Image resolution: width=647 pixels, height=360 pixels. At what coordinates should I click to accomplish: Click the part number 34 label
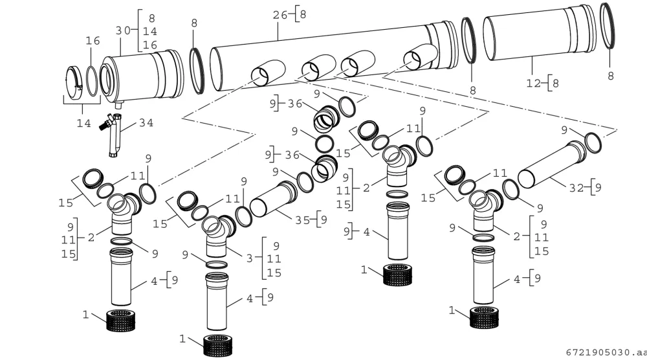146,123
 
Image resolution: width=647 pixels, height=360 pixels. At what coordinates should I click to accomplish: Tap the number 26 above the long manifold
280,16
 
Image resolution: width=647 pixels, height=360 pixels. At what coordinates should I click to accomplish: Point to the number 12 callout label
534,84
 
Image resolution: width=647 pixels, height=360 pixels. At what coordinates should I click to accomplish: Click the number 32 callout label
576,188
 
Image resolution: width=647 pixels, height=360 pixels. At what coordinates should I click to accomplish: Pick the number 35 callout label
302,220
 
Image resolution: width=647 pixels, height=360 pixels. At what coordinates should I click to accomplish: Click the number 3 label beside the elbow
249,259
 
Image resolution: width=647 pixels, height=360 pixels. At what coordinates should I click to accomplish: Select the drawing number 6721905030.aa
606,353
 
